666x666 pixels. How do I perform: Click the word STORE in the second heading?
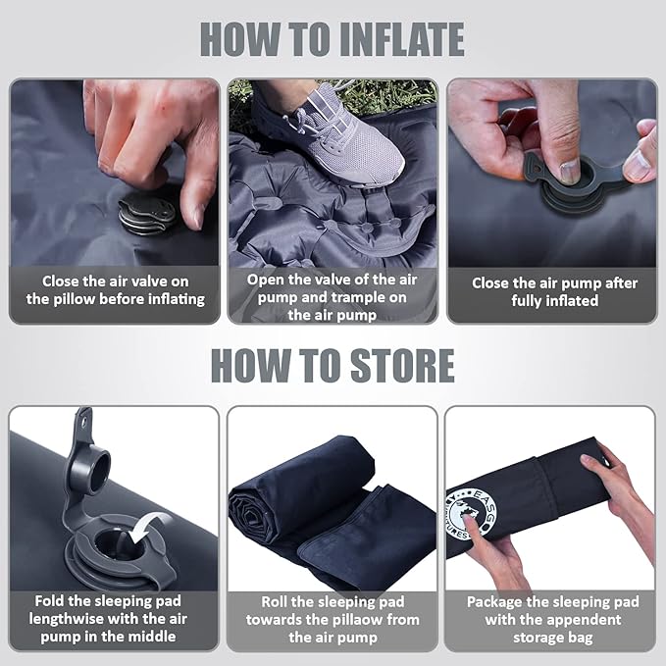point(388,365)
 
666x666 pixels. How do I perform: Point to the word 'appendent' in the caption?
point(579,619)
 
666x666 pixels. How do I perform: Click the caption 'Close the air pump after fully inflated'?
point(554,291)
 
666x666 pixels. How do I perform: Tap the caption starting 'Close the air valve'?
point(115,289)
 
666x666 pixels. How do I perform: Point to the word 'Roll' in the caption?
point(277,601)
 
